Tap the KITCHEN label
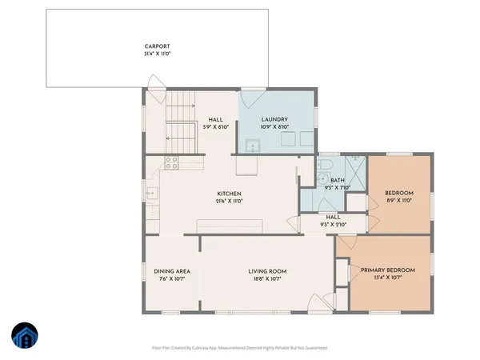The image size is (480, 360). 229,194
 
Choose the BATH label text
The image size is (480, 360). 337,181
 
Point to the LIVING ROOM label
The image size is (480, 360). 267,271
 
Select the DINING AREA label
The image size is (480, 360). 171,271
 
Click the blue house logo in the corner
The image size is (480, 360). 24,337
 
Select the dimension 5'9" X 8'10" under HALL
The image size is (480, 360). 214,126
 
